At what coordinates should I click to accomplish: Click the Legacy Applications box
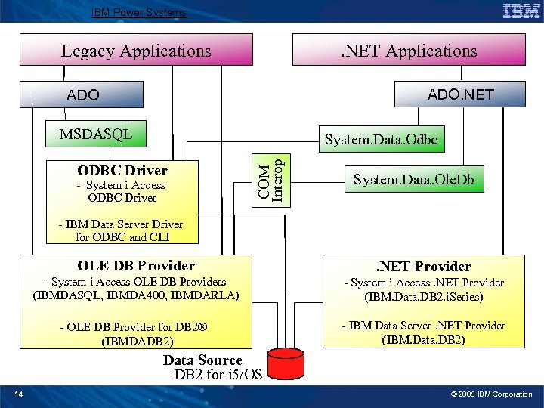[136, 51]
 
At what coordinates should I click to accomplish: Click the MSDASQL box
[96, 134]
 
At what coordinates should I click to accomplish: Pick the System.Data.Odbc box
[381, 140]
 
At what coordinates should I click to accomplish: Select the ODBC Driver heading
[122, 170]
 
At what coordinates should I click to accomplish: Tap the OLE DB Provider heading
[136, 265]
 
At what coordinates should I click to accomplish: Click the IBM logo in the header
[521, 11]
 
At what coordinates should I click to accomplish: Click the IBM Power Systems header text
[138, 12]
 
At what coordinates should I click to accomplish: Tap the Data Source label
[202, 360]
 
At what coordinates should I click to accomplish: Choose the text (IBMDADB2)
[136, 341]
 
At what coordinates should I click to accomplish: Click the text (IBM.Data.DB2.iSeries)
[423, 297]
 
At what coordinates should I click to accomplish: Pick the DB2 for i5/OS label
[218, 375]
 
